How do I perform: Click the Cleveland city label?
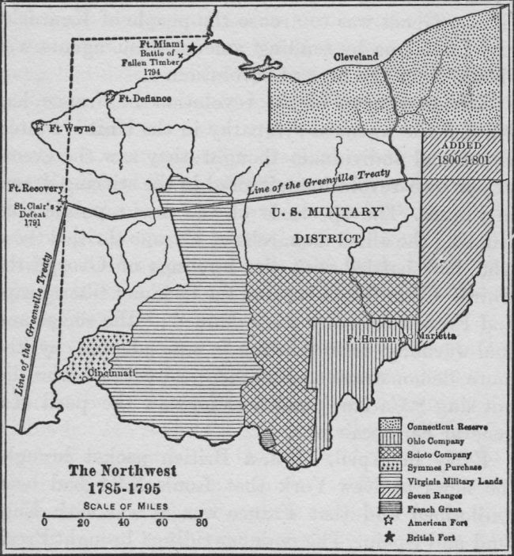coord(356,57)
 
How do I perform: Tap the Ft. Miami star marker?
coord(192,47)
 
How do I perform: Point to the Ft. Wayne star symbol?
coord(36,126)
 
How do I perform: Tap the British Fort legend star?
coord(390,535)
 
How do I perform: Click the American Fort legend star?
coord(390,522)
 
